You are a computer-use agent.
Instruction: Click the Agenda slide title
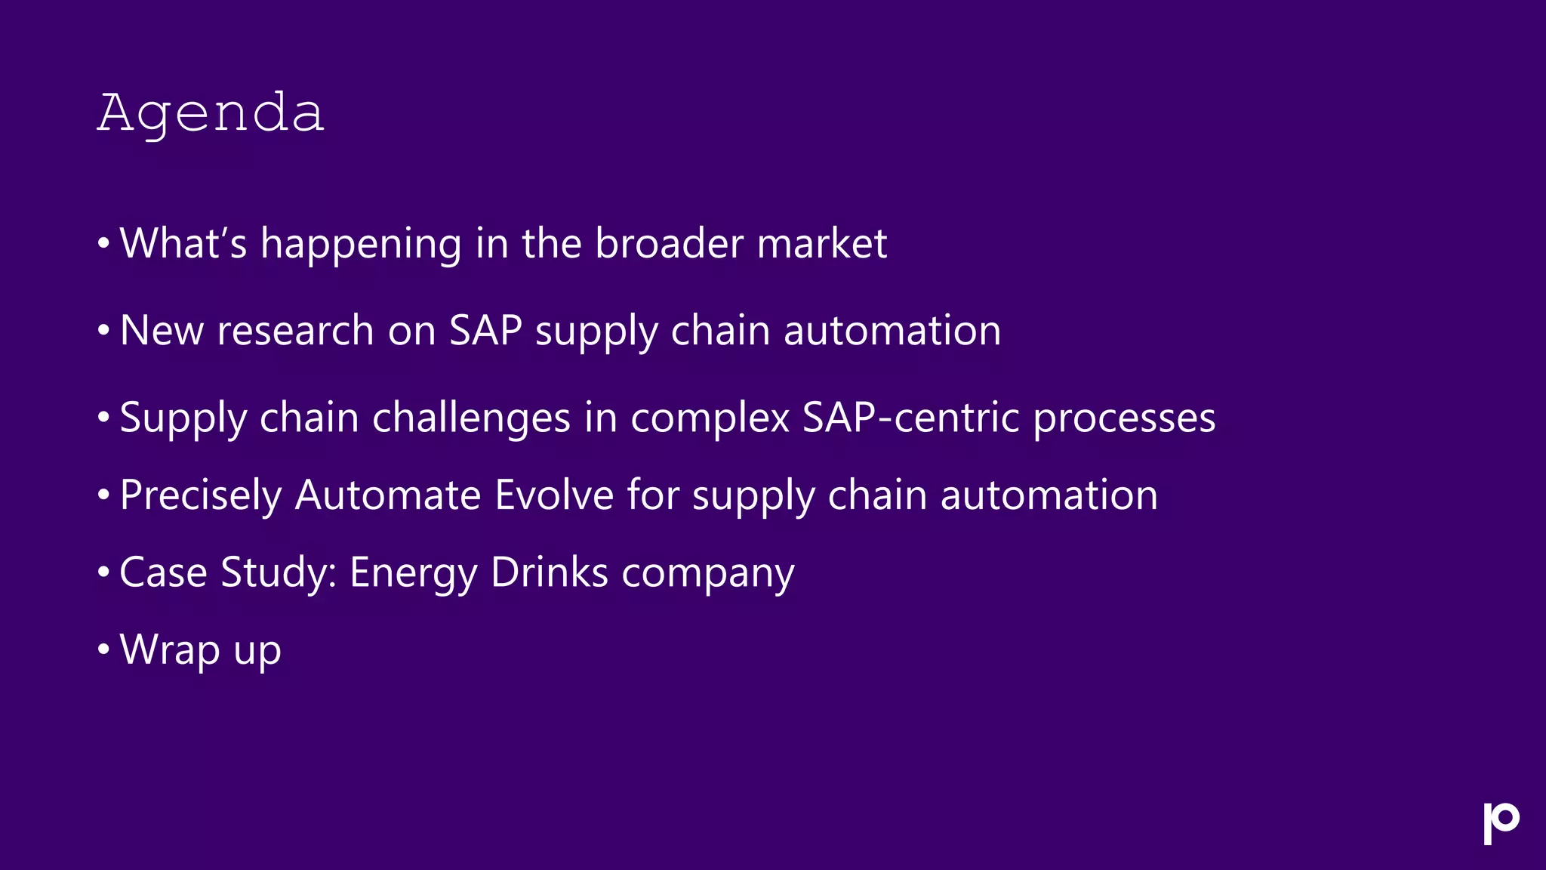(211, 113)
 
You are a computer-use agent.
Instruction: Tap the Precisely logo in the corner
(1501, 822)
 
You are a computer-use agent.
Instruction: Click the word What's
(183, 243)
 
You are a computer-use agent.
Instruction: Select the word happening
(361, 245)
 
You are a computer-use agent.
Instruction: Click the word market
(821, 243)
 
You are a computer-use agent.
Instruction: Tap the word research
(295, 331)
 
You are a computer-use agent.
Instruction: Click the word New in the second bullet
(162, 331)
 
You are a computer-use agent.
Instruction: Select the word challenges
(471, 418)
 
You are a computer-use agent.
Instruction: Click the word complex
(710, 418)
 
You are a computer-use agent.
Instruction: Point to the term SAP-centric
(910, 417)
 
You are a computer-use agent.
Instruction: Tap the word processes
(1124, 418)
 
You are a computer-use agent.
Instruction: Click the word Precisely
(200, 496)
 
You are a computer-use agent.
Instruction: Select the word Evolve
(554, 495)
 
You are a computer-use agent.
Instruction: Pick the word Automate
(388, 495)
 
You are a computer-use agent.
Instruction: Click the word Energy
(413, 573)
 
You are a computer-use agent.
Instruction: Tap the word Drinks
(549, 572)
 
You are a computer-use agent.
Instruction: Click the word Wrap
(169, 649)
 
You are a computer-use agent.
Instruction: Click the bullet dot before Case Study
(104, 572)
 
